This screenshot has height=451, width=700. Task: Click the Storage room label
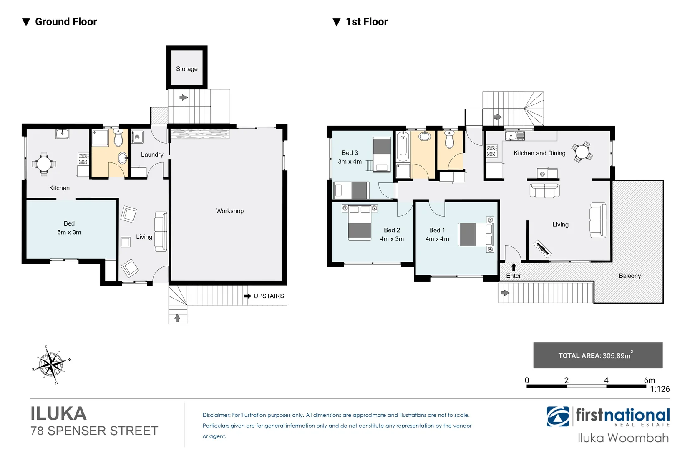tap(186, 69)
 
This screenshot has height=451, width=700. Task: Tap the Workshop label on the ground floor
tap(229, 211)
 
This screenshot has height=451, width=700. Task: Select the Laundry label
tap(152, 155)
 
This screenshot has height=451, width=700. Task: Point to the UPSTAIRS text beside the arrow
tap(269, 296)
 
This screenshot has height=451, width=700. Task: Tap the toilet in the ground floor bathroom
tap(118, 138)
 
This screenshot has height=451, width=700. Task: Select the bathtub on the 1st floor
tap(403, 147)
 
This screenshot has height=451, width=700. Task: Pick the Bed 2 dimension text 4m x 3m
tap(392, 239)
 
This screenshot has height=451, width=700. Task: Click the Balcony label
tap(629, 276)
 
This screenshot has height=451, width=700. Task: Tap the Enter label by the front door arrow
tap(514, 276)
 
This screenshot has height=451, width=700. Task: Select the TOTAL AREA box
tap(597, 355)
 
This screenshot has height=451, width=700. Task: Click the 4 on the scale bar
tap(606, 380)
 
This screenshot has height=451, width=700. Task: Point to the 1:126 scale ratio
tap(660, 389)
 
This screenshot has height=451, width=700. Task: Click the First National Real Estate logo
tap(608, 417)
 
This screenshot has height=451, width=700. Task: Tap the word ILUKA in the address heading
tap(58, 414)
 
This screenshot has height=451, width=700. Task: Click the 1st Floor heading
tap(366, 22)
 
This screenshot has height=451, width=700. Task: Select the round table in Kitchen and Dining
tap(582, 152)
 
